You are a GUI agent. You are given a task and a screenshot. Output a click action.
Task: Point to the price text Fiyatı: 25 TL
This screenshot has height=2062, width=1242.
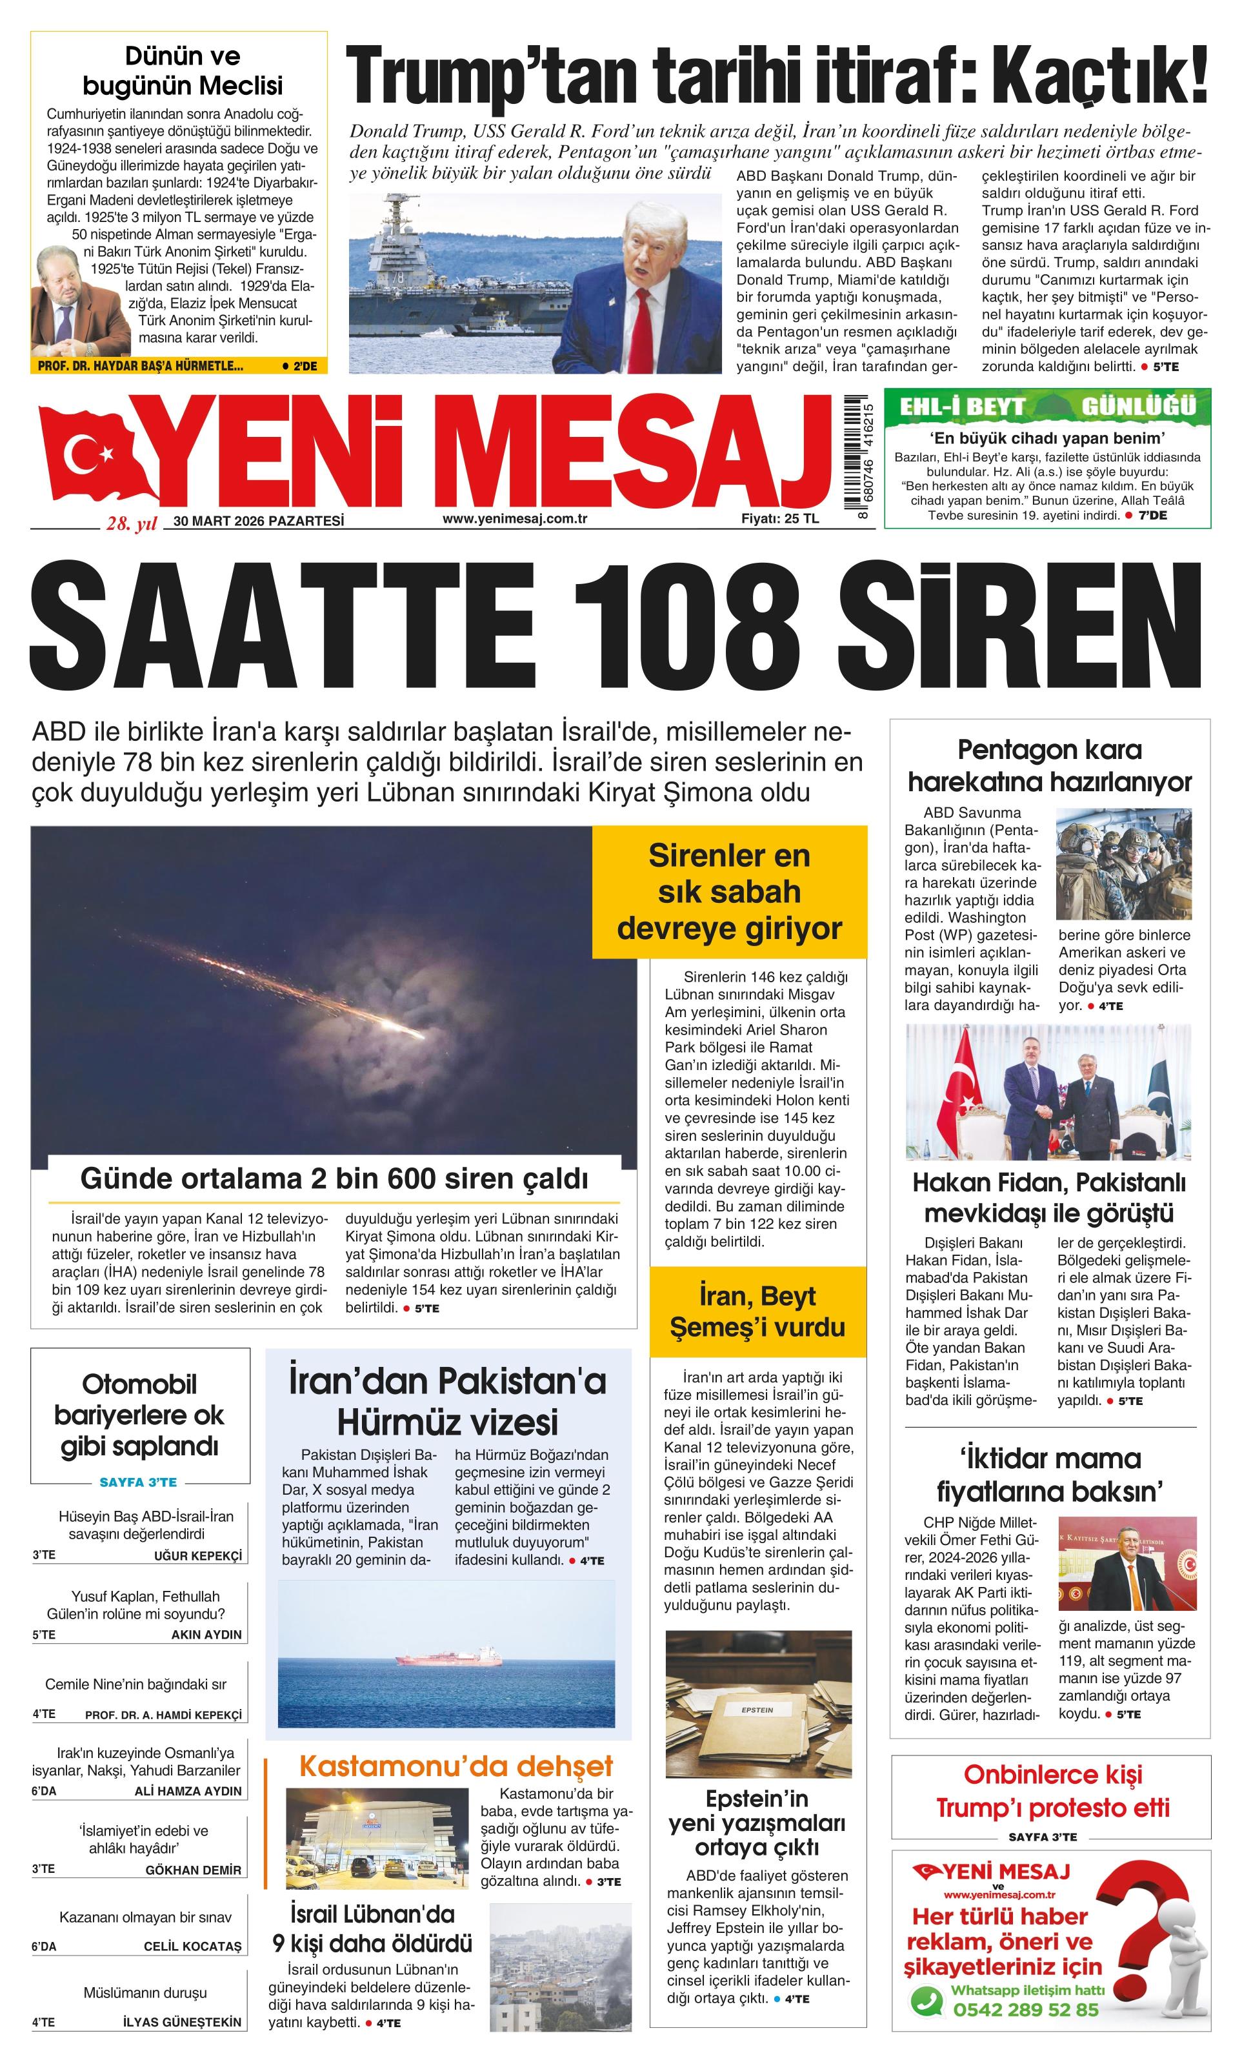[779, 519]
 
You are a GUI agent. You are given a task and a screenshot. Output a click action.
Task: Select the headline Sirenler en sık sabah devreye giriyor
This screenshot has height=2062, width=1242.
[729, 892]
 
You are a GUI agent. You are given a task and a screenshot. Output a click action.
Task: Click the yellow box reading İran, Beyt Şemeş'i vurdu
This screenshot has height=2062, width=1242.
[757, 1311]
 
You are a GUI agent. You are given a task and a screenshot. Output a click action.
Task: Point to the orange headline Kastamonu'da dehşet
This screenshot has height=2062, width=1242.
[456, 1766]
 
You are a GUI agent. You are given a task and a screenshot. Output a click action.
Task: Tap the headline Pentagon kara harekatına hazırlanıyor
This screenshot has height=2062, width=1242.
[1049, 765]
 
